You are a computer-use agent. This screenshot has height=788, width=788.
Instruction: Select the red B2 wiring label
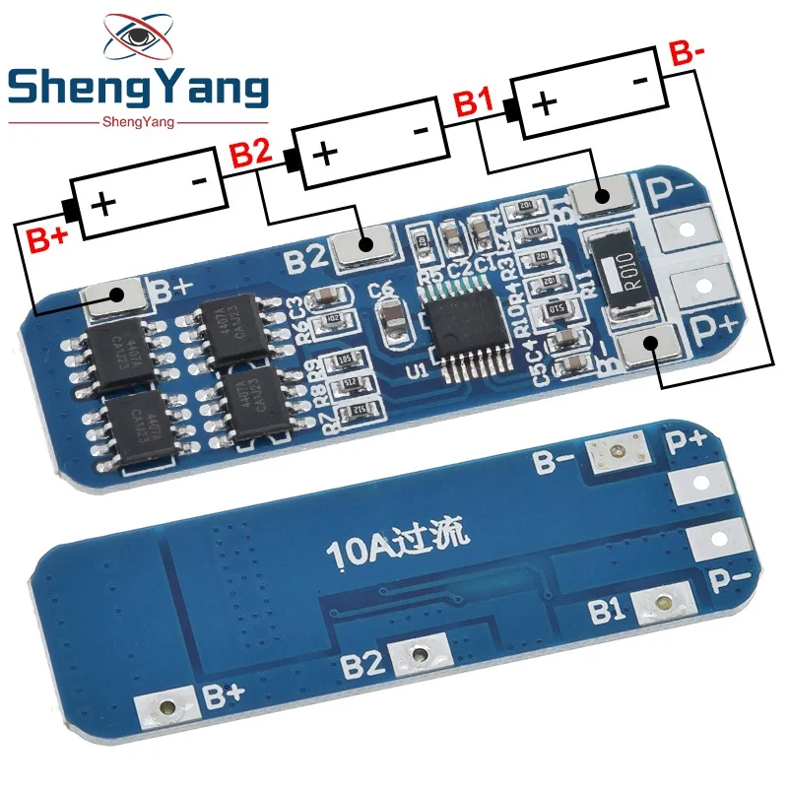[x=249, y=154]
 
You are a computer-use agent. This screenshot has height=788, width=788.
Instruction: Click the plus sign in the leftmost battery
[x=103, y=203]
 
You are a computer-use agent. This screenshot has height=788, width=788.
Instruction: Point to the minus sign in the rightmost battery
[x=639, y=79]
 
